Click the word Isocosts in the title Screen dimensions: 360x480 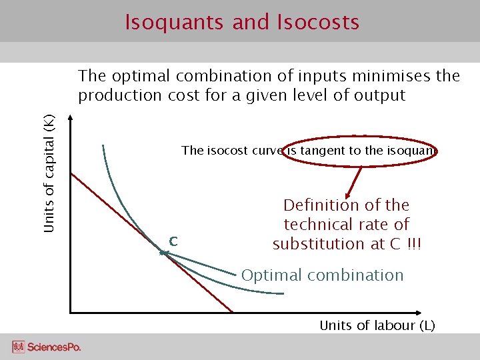click(x=317, y=23)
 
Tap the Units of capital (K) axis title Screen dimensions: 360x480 click(x=49, y=174)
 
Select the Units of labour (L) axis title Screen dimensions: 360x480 click(x=377, y=325)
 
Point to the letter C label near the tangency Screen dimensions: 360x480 click(x=173, y=241)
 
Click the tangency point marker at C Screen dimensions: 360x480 click(x=162, y=253)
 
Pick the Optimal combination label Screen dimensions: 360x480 click(x=322, y=275)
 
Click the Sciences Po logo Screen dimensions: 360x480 click(x=46, y=347)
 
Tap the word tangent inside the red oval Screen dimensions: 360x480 click(x=321, y=151)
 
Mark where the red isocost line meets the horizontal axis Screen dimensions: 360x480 click(x=232, y=311)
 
